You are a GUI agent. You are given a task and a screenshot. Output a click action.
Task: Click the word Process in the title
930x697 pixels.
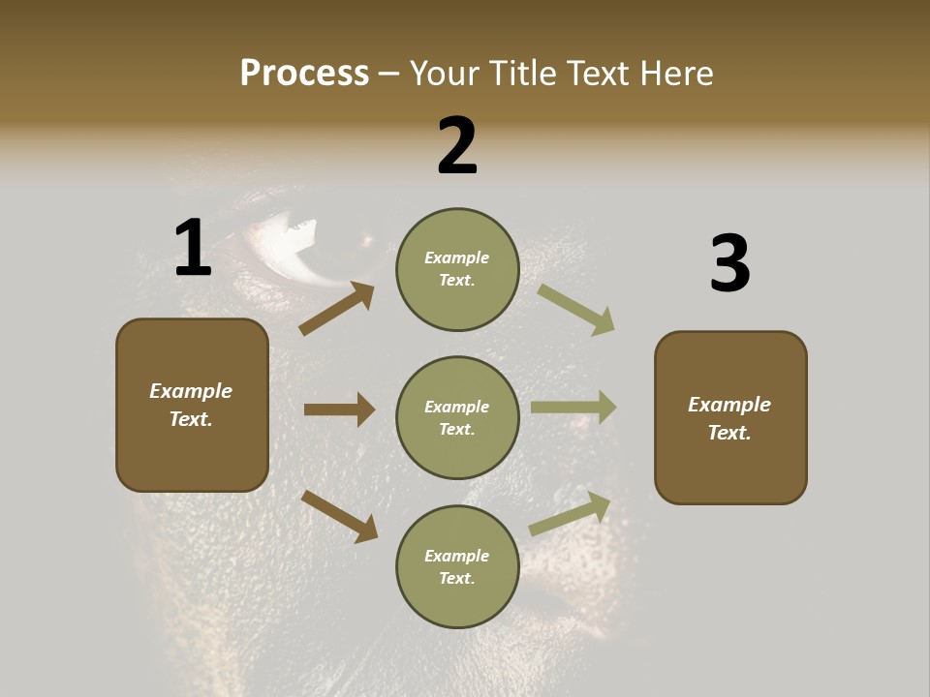304,74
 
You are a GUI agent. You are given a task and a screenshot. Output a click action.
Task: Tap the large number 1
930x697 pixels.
193,248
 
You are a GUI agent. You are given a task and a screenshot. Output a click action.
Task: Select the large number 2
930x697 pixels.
457,146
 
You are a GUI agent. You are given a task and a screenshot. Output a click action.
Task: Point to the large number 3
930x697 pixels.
729,264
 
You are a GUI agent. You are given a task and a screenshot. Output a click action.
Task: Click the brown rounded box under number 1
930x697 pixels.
192,405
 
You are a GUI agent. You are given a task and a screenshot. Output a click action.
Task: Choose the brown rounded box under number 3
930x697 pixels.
730,417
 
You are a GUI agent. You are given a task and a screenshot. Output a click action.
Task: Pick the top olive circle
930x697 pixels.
457,269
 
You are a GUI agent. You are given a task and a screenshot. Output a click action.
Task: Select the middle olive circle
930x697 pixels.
457,417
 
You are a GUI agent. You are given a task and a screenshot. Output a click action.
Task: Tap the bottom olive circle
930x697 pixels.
457,566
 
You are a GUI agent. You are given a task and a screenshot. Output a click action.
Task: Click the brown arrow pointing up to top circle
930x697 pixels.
337,309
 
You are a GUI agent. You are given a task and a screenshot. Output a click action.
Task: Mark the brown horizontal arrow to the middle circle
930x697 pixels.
339,409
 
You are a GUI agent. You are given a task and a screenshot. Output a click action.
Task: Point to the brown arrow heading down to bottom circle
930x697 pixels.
339,515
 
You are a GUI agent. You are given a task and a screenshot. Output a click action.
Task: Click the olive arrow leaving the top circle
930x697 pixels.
576,310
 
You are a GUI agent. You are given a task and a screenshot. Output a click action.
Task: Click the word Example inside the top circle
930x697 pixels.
457,258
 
